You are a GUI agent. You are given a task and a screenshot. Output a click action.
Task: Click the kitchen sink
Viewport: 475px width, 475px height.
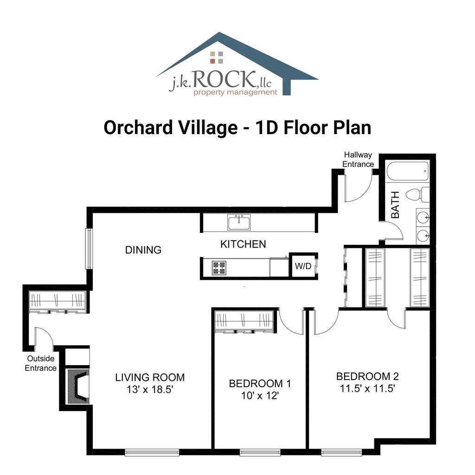coord(239,222)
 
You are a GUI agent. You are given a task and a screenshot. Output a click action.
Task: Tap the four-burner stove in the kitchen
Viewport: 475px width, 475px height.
coord(219,268)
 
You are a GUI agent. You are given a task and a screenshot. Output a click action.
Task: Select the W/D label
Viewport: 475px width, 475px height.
coord(303,266)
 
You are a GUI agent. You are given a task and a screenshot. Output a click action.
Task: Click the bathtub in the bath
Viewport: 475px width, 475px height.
coord(407,172)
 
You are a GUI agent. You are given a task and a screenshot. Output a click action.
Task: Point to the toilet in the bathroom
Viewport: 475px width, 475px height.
coord(417,194)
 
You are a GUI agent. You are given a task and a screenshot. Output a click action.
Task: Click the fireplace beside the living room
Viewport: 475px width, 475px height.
coord(78,386)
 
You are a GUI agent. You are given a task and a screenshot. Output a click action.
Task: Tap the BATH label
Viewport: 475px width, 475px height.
coord(395,205)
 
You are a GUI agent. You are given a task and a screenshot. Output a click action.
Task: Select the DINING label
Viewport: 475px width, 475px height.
coord(143,250)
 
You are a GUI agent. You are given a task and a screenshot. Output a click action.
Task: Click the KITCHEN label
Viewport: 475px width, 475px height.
coord(243,244)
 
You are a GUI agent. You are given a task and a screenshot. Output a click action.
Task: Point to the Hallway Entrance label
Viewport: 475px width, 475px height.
coord(358,160)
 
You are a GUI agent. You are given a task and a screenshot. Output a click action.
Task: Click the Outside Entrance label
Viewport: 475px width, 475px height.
coord(41,363)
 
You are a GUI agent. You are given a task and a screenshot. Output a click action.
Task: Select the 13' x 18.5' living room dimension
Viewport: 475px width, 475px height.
coord(150,389)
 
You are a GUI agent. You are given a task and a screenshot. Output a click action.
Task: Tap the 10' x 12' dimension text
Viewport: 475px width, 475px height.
coord(260,395)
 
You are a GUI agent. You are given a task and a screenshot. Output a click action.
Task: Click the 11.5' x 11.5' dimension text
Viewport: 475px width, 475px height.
coord(367,388)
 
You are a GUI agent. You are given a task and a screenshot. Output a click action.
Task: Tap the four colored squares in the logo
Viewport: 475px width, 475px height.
coord(217,58)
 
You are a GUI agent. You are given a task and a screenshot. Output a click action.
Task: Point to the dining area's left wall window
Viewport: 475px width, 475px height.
coord(89,249)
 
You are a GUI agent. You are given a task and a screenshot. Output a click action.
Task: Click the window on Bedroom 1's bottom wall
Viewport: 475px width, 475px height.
coord(260,453)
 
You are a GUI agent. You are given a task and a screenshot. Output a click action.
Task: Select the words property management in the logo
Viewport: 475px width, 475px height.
coord(235,92)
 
